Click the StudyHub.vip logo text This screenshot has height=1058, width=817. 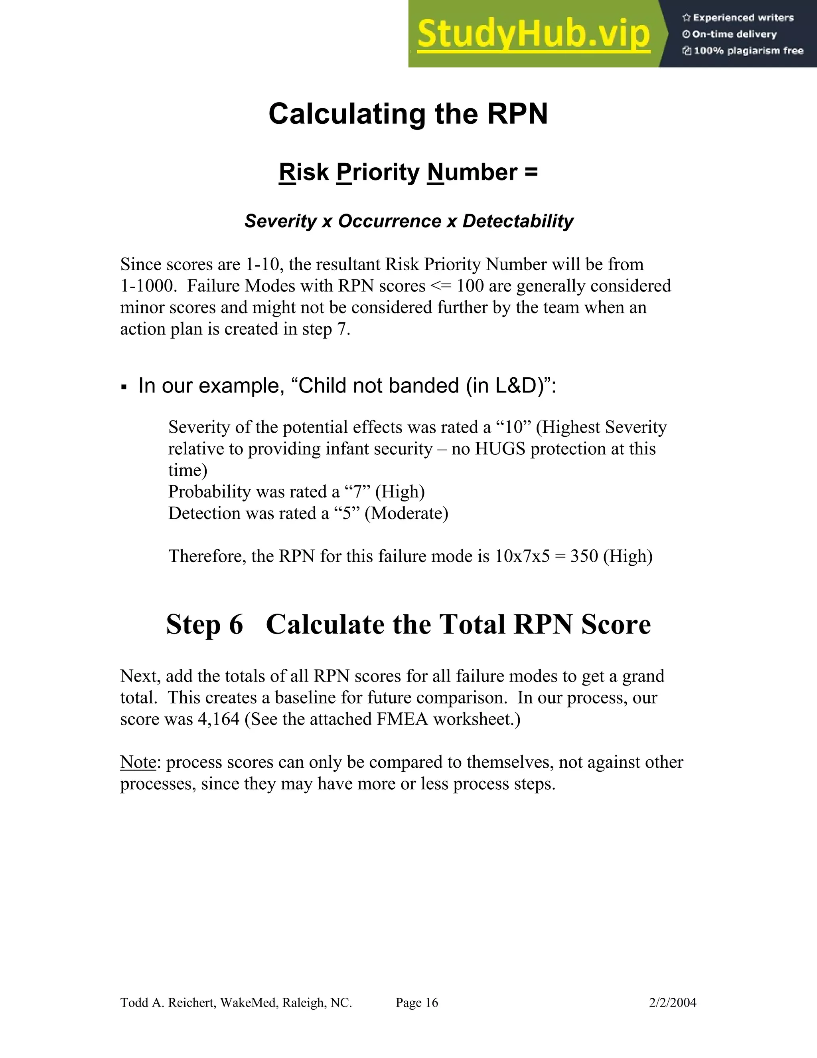pos(533,34)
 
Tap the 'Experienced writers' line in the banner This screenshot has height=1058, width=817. pos(738,18)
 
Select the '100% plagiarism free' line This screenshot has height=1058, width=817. pos(743,51)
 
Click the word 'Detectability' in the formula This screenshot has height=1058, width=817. pos(517,221)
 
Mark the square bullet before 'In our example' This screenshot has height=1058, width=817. pos(124,387)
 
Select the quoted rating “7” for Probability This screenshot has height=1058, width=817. pos(357,492)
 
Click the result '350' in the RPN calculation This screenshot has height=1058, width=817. pos(584,556)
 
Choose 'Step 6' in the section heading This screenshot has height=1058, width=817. pos(204,624)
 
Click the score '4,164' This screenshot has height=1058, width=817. pos(218,719)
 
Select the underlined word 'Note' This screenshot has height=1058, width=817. pos(138,763)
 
